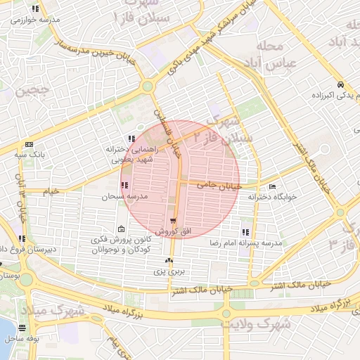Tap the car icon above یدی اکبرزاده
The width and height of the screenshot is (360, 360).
[340, 84]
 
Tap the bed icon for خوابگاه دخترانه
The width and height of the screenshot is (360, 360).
[272, 186]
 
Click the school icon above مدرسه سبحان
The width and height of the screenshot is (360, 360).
[124, 186]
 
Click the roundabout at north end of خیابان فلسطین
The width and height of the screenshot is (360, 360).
[147, 86]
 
